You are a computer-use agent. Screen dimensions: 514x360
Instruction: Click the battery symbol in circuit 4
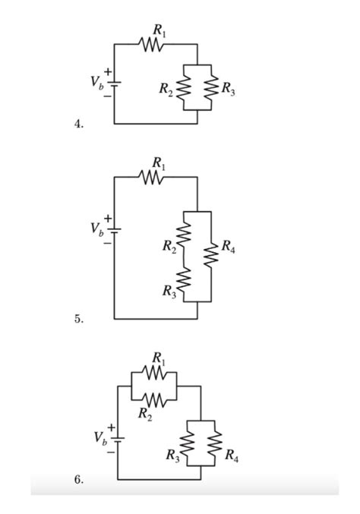point(114,84)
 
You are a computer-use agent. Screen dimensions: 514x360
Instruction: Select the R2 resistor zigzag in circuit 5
point(183,238)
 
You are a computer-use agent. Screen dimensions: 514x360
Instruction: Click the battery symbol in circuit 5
point(114,229)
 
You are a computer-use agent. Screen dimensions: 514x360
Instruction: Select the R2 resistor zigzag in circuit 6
point(155,399)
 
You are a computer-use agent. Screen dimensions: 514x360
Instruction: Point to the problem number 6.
point(79,481)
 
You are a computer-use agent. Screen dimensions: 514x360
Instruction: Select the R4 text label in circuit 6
point(231,456)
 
